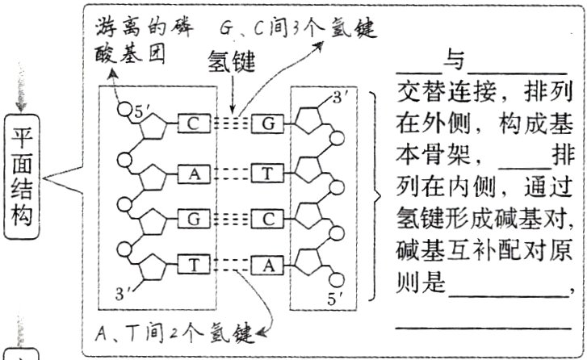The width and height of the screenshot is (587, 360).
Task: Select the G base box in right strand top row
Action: tap(266, 123)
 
